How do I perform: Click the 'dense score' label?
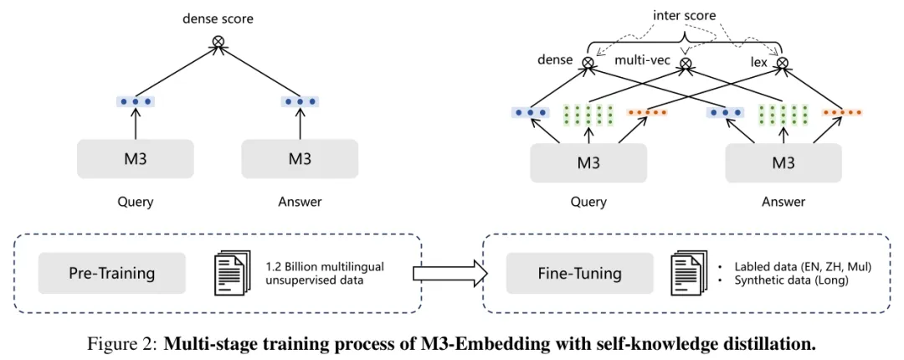(218, 18)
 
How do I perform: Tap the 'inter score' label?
(685, 16)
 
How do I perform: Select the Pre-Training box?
(111, 273)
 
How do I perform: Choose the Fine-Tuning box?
(579, 273)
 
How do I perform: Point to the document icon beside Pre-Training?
(232, 273)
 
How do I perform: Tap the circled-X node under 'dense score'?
(219, 40)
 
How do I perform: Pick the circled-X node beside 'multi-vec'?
(686, 61)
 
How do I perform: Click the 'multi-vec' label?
(643, 61)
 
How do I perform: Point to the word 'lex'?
(759, 62)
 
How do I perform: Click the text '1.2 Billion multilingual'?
(324, 266)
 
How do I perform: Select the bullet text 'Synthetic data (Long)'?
(791, 280)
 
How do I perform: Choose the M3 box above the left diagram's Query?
(136, 158)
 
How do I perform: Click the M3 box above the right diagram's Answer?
(783, 162)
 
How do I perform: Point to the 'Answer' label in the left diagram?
(300, 202)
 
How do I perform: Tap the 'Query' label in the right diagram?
(588, 202)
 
